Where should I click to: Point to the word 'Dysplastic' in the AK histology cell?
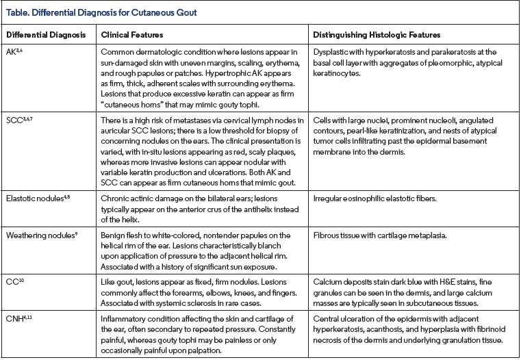click(330, 52)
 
